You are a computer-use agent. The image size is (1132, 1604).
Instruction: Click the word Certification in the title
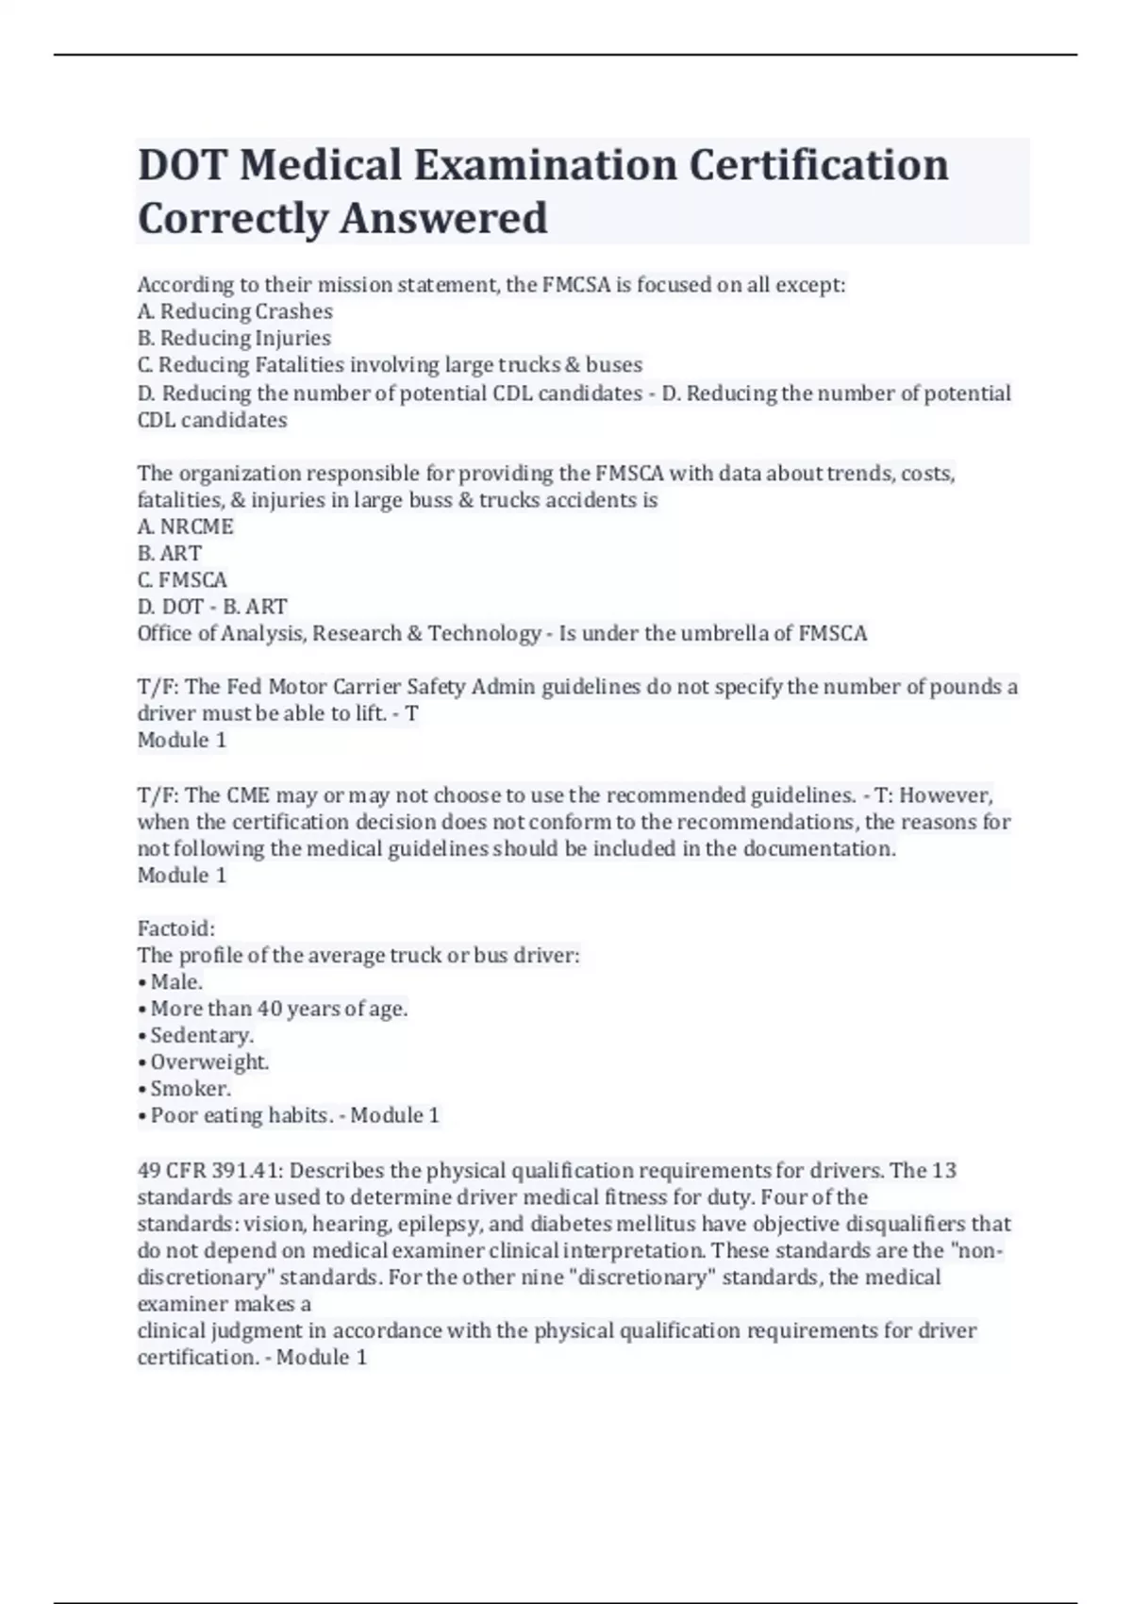point(818,165)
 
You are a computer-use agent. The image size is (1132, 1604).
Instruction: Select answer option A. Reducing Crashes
point(235,311)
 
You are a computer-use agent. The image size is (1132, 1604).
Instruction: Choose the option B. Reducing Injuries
point(234,338)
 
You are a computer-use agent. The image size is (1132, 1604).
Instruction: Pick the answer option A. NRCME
point(185,526)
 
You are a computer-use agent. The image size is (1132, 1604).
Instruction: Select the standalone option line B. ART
point(170,553)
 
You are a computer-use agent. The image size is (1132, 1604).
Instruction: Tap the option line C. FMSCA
point(182,579)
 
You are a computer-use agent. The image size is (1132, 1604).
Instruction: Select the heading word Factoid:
point(176,928)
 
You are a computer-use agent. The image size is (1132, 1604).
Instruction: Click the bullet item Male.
point(175,982)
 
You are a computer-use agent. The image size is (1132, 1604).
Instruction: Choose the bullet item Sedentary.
point(201,1035)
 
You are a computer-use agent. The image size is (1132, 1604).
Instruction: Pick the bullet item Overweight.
point(208,1062)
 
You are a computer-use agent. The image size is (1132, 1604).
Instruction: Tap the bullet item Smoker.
point(190,1089)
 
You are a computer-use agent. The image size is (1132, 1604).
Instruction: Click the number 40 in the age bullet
point(270,1009)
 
